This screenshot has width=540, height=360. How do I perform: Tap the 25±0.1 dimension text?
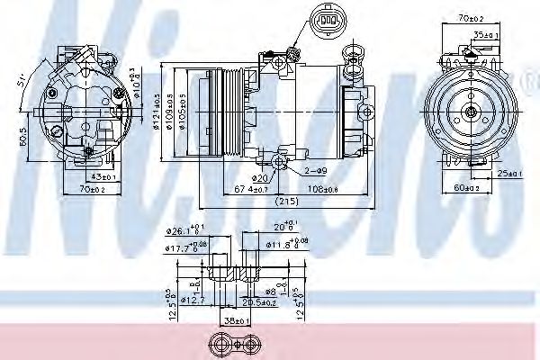coord(508,173)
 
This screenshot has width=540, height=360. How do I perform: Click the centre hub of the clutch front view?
coord(472,112)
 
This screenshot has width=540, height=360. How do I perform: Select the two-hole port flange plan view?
coord(232,344)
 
